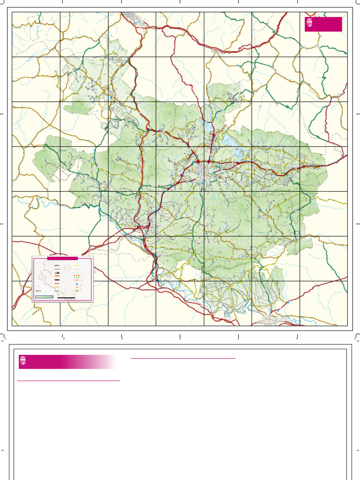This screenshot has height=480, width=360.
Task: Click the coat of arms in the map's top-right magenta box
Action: (x=309, y=23)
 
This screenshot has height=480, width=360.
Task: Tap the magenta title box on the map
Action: (x=323, y=24)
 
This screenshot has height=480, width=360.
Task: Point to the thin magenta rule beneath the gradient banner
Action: (x=68, y=381)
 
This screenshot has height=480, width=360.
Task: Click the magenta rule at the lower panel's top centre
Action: (x=182, y=358)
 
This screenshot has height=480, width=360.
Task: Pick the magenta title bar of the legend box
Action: (x=62, y=258)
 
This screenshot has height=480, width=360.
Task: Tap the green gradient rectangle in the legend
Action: (x=45, y=297)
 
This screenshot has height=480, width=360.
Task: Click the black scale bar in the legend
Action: (x=66, y=297)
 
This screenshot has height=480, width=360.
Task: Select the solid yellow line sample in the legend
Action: (x=77, y=265)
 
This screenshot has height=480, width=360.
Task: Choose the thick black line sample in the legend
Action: (x=57, y=279)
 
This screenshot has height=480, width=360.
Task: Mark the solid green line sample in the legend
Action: (x=57, y=292)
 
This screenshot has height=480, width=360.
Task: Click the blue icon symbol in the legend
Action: (x=77, y=284)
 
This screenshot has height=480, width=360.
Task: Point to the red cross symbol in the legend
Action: (x=77, y=287)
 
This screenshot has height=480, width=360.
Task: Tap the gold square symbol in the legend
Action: (x=77, y=291)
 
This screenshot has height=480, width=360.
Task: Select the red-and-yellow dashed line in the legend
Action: (x=77, y=276)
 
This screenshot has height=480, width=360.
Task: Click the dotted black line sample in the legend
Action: (x=57, y=269)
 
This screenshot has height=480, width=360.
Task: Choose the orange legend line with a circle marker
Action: (x=77, y=280)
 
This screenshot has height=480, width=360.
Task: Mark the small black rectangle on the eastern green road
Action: (x=294, y=232)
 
